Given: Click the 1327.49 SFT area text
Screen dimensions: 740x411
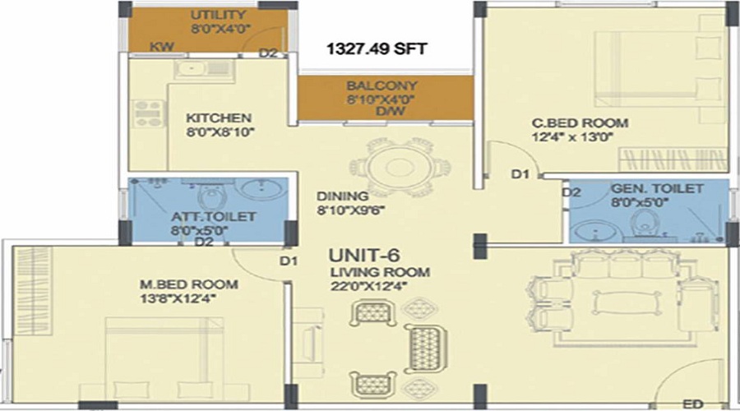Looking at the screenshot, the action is tap(377, 48).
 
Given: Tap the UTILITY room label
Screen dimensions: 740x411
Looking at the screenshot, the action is tap(218, 15).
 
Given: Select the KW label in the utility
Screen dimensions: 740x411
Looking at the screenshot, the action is tap(162, 47).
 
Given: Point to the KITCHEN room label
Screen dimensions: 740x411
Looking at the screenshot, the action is tap(219, 118).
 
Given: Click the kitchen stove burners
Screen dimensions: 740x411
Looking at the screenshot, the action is tap(148, 113).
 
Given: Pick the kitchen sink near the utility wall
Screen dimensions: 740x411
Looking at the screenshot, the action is tap(204, 69).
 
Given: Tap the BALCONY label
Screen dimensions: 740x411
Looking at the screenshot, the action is tap(382, 85).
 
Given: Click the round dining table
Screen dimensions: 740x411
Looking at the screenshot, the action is tap(400, 167).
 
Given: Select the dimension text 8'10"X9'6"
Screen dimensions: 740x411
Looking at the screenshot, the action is tap(350, 210).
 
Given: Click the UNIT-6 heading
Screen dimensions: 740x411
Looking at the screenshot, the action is tap(364, 256).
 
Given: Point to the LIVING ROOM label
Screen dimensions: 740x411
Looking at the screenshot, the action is tap(380, 272).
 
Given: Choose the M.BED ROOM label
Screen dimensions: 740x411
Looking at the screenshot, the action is tap(189, 284).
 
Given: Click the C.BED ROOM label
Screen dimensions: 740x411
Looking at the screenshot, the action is tap(580, 123).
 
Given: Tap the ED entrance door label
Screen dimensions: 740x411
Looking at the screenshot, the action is tap(693, 404).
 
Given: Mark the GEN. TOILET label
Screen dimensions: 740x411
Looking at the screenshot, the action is tap(657, 189).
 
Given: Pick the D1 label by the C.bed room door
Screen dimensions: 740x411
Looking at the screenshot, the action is tap(520, 174).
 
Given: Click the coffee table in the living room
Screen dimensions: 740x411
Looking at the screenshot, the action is tap(626, 302).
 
